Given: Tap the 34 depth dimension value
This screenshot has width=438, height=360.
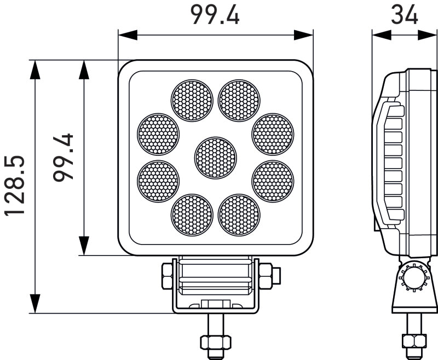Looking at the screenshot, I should tap(405, 15).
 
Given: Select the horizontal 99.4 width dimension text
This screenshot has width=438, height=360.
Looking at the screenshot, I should tap(215, 15).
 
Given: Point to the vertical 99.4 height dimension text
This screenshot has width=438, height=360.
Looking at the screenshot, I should tap(65, 157).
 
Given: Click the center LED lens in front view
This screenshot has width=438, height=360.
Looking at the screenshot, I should tap(216, 158).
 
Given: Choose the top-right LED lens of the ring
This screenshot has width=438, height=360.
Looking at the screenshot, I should tap(239, 101).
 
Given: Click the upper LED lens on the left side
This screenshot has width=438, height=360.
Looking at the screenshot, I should tap(158, 134).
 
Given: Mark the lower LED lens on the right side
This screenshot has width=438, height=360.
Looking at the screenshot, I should tap(273, 181).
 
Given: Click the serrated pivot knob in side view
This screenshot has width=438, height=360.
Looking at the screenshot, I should tap(414, 278).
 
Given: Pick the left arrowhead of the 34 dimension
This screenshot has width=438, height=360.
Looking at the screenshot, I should tap(379, 34).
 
